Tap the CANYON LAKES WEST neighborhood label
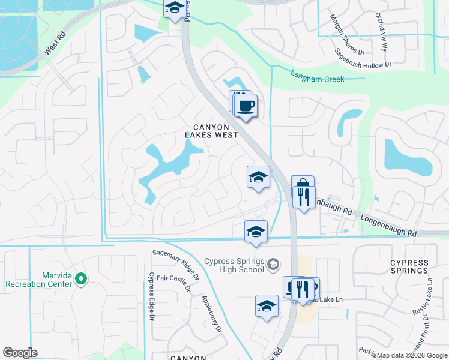pos(215,131)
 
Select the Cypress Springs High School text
pos(234,265)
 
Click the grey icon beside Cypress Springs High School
pos(273,264)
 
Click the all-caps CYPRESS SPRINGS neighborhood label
pos(409,266)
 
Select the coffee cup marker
pos(246,107)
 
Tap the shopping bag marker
pos(302,185)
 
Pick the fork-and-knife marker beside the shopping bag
pos(304,197)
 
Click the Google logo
pos(20,353)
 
